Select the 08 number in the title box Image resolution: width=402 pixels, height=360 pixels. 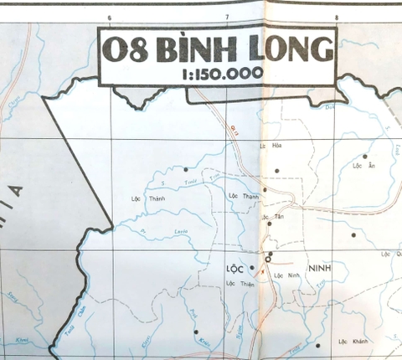pos(126,50)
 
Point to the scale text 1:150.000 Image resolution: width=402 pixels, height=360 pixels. pos(220,74)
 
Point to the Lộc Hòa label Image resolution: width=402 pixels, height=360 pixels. pos(271,147)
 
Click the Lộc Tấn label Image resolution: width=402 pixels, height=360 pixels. pos(270,218)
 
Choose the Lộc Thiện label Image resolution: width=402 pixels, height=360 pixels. pos(240,285)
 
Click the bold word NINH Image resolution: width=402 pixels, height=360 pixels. pos(322,269)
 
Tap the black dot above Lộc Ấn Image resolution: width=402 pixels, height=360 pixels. pos(366,156)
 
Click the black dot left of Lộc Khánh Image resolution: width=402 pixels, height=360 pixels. pos(318,342)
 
